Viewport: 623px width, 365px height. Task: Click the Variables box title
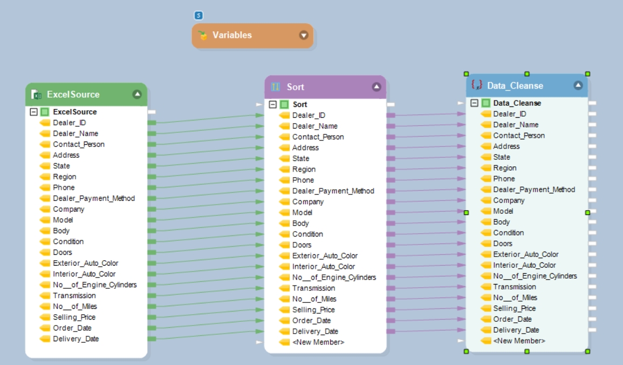pyautogui.click(x=232, y=35)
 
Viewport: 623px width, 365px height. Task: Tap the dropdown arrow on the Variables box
pyautogui.click(x=304, y=35)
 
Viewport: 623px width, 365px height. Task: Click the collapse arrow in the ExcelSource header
pyautogui.click(x=137, y=94)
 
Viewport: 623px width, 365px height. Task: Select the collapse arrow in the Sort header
pyautogui.click(x=376, y=87)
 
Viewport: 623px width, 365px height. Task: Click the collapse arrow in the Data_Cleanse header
pyautogui.click(x=578, y=85)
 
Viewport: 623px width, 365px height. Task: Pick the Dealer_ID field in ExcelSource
pyautogui.click(x=69, y=123)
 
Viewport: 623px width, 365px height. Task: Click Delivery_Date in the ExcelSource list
pyautogui.click(x=76, y=339)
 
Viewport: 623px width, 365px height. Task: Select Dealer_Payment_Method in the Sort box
pyautogui.click(x=333, y=191)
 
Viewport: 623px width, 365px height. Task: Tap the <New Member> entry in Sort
pyautogui.click(x=318, y=342)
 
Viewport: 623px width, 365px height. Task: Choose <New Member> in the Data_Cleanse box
pyautogui.click(x=519, y=341)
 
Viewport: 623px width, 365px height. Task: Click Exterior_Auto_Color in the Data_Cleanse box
pyautogui.click(x=525, y=254)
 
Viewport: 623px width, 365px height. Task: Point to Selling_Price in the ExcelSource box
pyautogui.click(x=74, y=317)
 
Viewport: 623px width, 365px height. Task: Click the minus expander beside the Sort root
pyautogui.click(x=273, y=104)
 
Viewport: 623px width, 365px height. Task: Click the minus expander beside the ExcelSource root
pyautogui.click(x=33, y=112)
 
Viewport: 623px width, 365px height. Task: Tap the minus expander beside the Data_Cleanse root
pyautogui.click(x=474, y=103)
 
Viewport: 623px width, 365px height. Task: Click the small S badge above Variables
pyautogui.click(x=198, y=16)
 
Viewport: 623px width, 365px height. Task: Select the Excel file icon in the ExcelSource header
pyautogui.click(x=37, y=94)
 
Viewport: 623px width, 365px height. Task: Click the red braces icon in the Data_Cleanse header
pyautogui.click(x=476, y=85)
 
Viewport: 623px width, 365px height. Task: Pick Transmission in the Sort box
pyautogui.click(x=313, y=288)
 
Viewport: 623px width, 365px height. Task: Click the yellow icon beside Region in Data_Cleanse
pyautogui.click(x=485, y=168)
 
